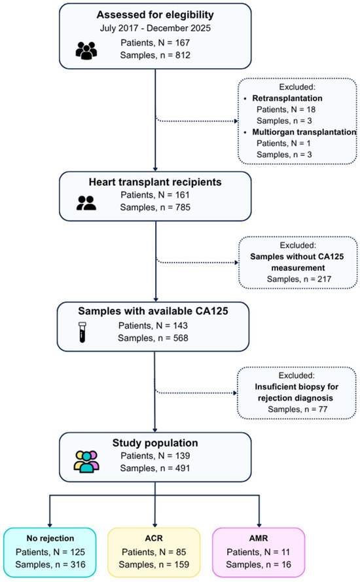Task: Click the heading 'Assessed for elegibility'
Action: click(155, 15)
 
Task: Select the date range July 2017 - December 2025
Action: click(155, 28)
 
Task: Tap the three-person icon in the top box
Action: click(86, 50)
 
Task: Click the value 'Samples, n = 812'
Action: click(155, 55)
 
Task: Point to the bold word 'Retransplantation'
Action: click(287, 98)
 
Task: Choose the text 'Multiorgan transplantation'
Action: click(304, 132)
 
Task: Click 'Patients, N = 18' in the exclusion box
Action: click(286, 109)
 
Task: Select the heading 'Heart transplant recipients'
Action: click(155, 182)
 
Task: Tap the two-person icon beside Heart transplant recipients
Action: click(86, 203)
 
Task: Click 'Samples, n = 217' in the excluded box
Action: click(299, 279)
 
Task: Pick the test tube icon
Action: click(82, 332)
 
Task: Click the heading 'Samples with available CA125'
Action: click(153, 311)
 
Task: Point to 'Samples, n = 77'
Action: click(298, 409)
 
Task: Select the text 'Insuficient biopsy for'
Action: click(297, 387)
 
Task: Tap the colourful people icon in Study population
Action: click(86, 462)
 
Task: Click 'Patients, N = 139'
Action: click(155, 456)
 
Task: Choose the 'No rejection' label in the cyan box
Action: click(50, 538)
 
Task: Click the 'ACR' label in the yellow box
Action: click(154, 538)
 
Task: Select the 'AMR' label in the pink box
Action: click(259, 538)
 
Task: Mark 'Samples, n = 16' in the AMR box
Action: click(259, 564)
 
